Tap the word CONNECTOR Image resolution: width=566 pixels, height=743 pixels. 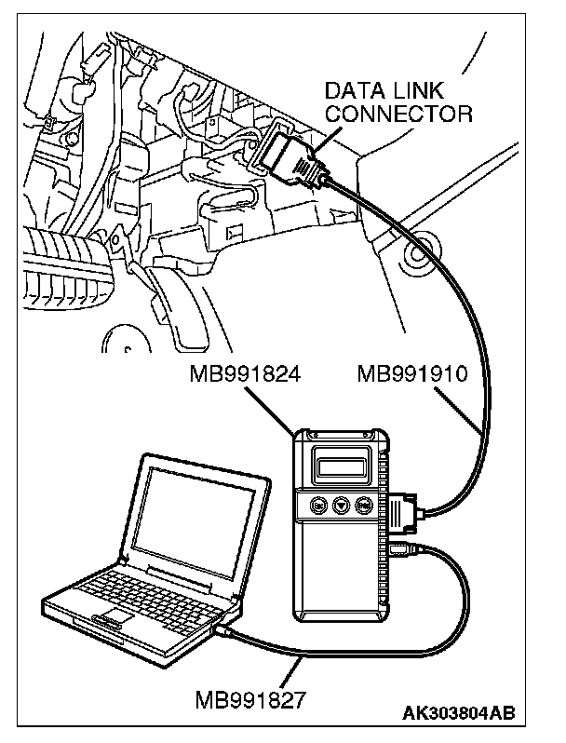pos(398,114)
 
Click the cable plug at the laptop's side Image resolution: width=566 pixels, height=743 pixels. pos(228,633)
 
